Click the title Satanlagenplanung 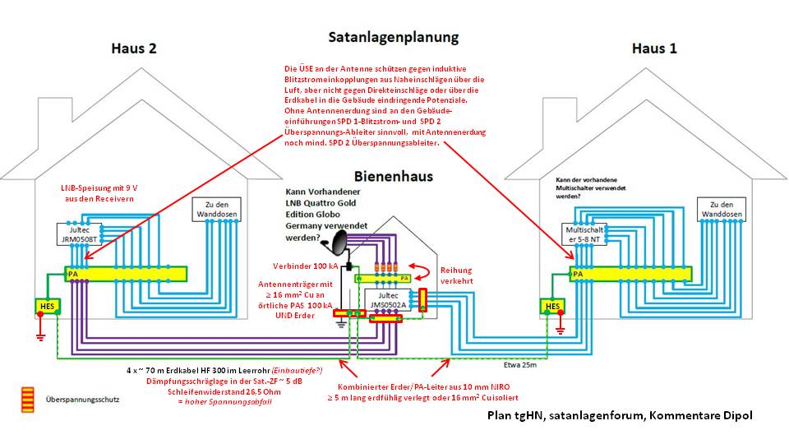coord(394,38)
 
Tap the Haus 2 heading coord(134,49)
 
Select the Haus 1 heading coord(654,49)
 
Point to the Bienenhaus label coord(394,176)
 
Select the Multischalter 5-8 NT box coord(589,234)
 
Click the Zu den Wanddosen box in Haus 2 coord(215,210)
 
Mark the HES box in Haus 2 coord(45,307)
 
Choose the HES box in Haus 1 coord(551,307)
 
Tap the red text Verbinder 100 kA coord(305,266)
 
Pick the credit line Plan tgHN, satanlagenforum coord(618,415)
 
